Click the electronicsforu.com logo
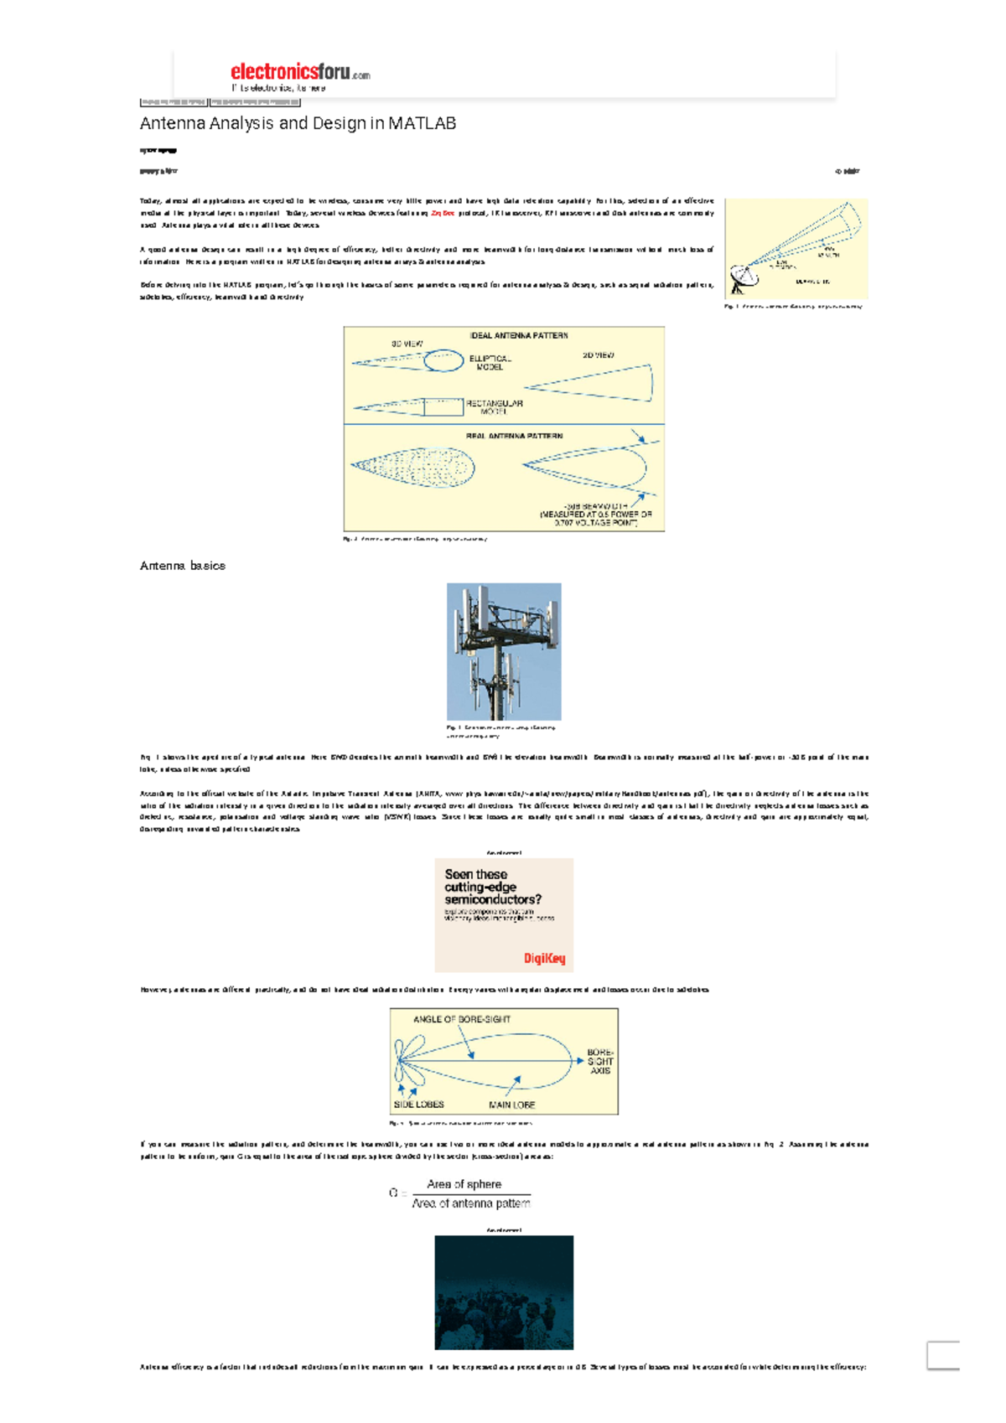point(299,73)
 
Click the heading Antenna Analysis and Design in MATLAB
point(298,123)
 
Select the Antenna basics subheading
point(182,566)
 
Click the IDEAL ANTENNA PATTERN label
point(518,335)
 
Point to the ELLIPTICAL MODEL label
point(490,363)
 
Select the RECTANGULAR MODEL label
point(494,407)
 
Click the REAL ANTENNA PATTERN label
point(514,436)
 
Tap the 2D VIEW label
point(598,355)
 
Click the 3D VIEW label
point(407,344)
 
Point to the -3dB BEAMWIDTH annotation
point(595,514)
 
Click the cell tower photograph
point(503,651)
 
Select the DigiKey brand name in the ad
point(544,958)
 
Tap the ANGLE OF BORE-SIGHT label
point(461,1019)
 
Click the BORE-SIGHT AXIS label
point(600,1061)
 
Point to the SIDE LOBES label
point(418,1105)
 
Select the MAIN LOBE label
point(511,1105)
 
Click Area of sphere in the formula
point(464,1184)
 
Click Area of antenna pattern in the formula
point(470,1203)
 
